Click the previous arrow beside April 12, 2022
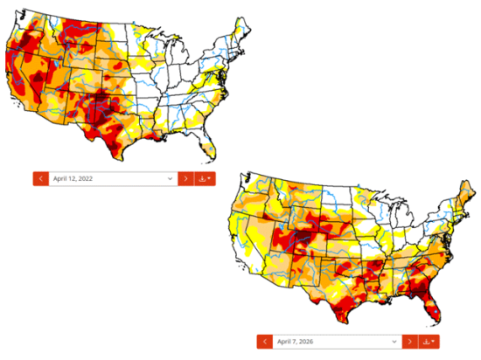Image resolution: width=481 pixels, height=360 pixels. click(40, 178)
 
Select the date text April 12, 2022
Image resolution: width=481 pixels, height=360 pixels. click(74, 178)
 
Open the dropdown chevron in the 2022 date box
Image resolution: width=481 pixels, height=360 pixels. click(170, 178)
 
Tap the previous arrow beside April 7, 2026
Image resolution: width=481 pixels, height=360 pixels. click(264, 341)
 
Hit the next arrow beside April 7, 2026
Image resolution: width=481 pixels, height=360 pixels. click(409, 341)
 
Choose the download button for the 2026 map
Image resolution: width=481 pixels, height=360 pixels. click(428, 341)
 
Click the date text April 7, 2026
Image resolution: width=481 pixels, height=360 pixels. click(296, 341)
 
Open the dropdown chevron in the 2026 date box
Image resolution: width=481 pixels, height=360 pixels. click(394, 341)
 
